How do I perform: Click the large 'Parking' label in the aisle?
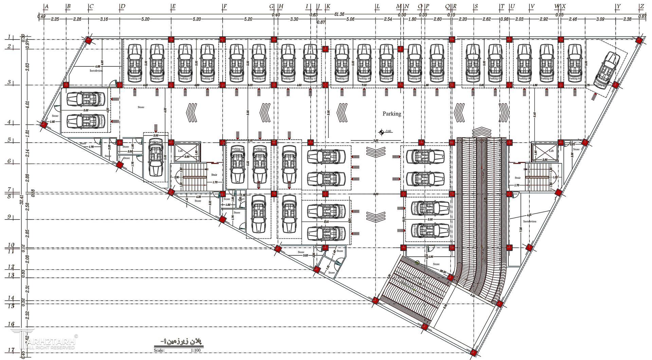392,114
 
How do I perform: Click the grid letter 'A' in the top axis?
47,6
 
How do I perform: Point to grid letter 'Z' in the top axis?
641,6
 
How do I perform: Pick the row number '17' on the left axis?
11,350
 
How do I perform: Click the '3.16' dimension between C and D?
104,19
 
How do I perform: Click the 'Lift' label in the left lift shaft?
181,151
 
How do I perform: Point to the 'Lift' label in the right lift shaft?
551,151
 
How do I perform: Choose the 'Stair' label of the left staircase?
214,175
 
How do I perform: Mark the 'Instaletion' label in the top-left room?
96,71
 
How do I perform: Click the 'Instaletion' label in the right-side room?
530,221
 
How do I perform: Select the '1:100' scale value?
196,350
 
